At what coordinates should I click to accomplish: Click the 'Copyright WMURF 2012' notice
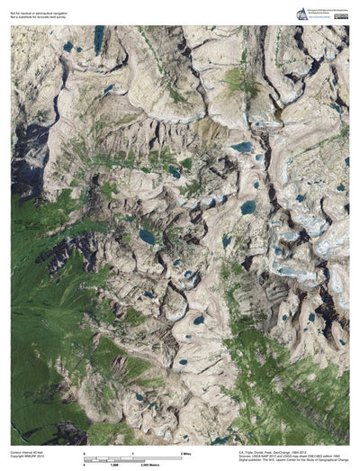(27, 456)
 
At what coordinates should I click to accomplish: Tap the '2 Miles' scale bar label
(187, 451)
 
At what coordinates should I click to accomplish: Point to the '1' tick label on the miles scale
(132, 451)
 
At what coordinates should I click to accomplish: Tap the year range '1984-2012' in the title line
(308, 450)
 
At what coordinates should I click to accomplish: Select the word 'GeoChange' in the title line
(289, 450)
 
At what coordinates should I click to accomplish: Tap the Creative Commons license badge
(340, 15)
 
